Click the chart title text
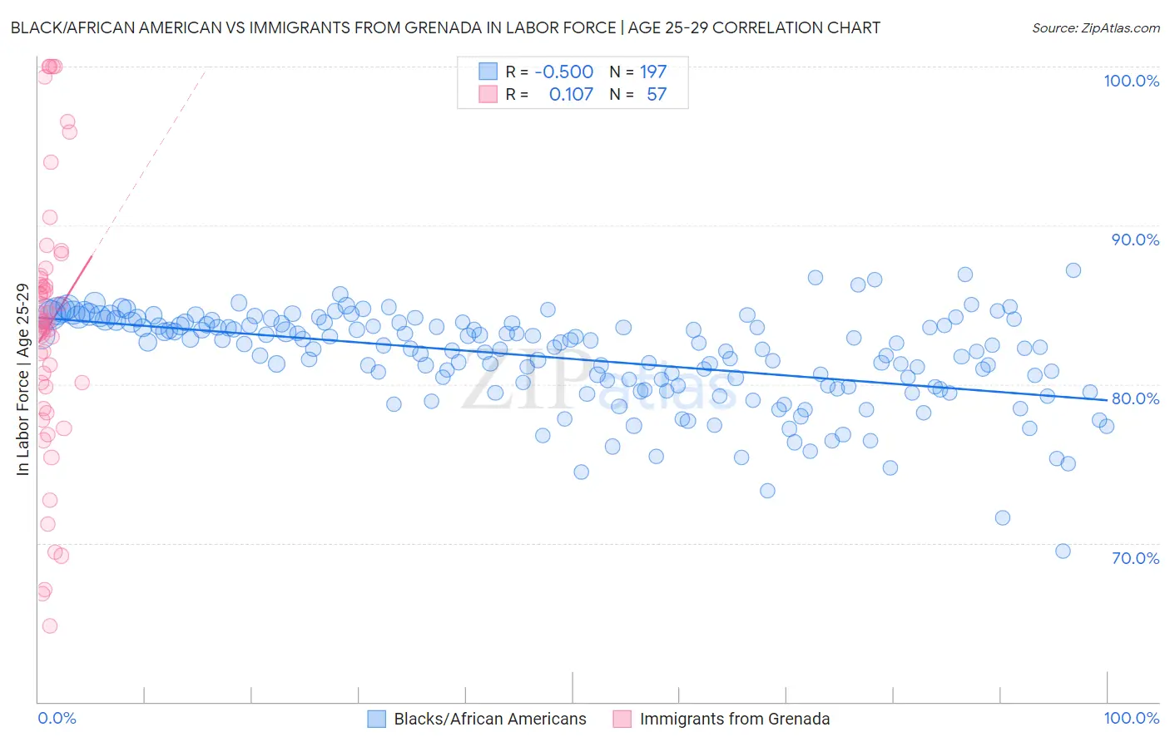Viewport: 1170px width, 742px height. [x=444, y=27]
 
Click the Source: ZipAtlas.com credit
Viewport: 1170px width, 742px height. [x=1095, y=27]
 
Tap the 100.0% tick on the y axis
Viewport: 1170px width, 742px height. [x=1131, y=81]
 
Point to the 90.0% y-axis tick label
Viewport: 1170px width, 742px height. [x=1135, y=240]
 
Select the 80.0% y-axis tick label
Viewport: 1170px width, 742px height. [x=1135, y=398]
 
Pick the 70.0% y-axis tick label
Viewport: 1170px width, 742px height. [x=1135, y=558]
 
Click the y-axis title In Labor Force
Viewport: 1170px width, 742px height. [x=23, y=380]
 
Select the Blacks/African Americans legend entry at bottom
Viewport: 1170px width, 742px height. [x=489, y=720]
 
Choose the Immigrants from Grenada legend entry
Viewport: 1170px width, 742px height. [x=734, y=720]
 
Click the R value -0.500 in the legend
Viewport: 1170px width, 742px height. [x=563, y=72]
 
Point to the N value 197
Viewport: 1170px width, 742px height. [x=653, y=72]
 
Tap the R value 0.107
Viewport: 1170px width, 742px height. [x=571, y=95]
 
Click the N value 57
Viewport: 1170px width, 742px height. [x=657, y=95]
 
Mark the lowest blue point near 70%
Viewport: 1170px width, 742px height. [x=1063, y=551]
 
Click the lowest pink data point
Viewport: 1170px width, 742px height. [x=50, y=626]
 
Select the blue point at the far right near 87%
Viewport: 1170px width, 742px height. [x=1073, y=270]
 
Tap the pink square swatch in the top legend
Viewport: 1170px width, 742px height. [x=488, y=95]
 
